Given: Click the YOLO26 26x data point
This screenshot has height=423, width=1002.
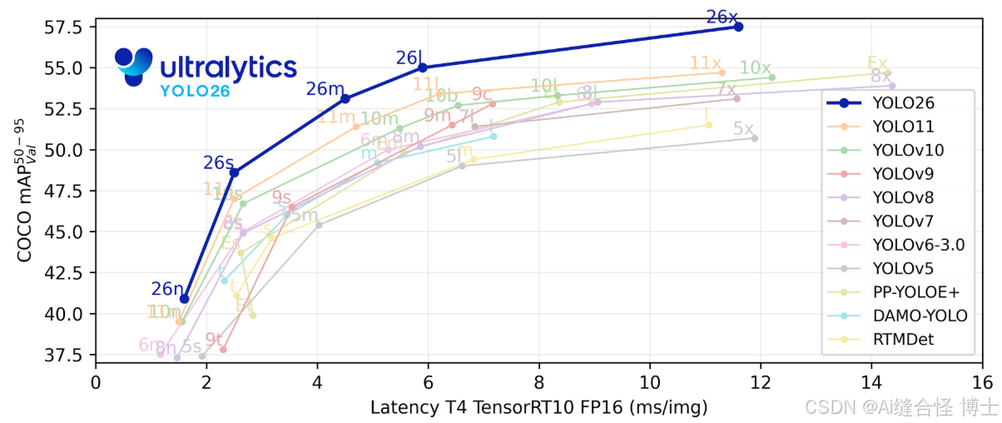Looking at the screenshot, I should pyautogui.click(x=738, y=27).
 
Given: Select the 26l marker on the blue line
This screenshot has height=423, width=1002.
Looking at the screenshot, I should pyautogui.click(x=423, y=67).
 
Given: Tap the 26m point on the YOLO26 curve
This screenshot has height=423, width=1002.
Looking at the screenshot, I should pyautogui.click(x=345, y=98).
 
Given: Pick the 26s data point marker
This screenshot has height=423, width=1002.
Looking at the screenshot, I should pyautogui.click(x=235, y=172).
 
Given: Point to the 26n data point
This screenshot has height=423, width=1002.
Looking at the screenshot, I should pyautogui.click(x=184, y=298).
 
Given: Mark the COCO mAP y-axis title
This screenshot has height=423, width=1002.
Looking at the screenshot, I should pyautogui.click(x=25, y=191).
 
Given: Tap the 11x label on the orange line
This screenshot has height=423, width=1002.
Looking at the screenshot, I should pyautogui.click(x=705, y=63).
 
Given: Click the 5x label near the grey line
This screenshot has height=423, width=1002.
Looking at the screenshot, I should pyautogui.click(x=743, y=129).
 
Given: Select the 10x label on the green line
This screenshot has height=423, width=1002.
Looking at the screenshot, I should pyautogui.click(x=755, y=67).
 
